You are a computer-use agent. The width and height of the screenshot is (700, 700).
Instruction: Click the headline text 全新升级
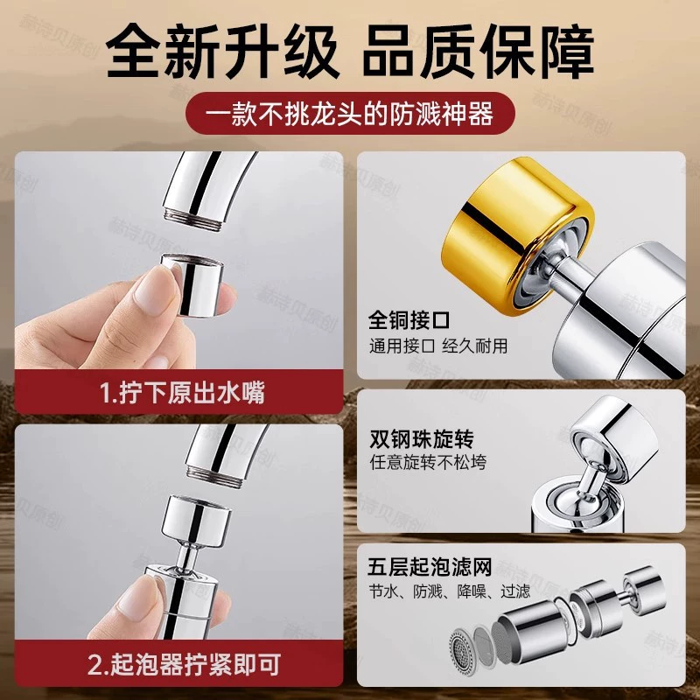pos(222,52)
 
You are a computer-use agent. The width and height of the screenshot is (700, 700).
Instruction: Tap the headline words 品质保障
pos(478,52)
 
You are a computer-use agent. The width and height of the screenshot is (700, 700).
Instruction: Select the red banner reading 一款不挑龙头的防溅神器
pos(350,114)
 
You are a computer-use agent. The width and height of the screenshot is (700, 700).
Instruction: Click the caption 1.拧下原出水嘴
pos(182,393)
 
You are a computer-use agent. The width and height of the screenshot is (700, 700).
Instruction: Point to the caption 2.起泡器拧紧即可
pos(184,664)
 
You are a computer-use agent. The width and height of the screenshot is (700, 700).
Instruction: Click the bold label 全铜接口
pos(409,319)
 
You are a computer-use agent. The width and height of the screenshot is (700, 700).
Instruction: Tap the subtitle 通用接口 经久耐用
pos(438,346)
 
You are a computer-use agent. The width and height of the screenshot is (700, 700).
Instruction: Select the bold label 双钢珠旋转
pos(422,439)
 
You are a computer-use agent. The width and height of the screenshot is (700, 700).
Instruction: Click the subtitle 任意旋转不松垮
pos(428,463)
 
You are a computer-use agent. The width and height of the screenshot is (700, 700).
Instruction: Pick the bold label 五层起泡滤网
pos(430,567)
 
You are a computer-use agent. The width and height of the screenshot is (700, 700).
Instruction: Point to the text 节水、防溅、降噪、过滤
pos(449,591)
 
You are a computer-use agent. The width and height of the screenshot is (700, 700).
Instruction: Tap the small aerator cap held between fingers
pos(193,285)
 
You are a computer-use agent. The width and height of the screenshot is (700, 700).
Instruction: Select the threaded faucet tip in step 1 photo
pos(192,220)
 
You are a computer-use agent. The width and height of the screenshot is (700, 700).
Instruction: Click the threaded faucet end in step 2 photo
pos(215,477)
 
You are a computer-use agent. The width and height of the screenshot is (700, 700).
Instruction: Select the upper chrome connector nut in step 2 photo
pos(196,520)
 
